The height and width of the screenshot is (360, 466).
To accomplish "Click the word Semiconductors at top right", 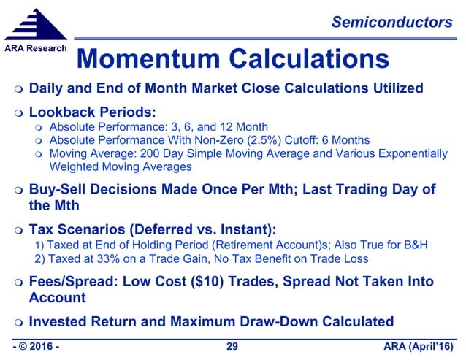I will [391, 23].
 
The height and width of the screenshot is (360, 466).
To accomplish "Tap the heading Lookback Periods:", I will [93, 113].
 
